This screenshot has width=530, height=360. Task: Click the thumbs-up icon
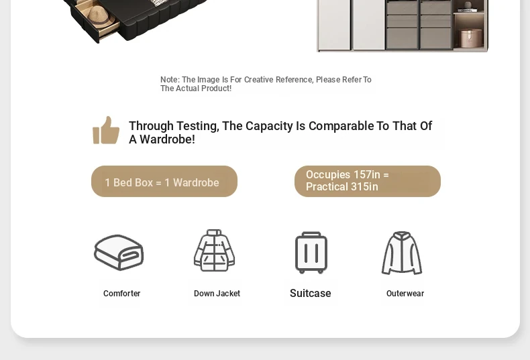click(106, 130)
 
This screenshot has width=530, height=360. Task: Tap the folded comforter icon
click(119, 252)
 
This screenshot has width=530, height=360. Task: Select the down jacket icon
click(214, 250)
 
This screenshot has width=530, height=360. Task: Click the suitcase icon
click(311, 252)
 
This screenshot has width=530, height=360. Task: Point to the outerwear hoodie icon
click(402, 253)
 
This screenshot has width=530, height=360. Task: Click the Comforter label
click(121, 294)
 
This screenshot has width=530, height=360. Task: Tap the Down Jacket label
click(217, 294)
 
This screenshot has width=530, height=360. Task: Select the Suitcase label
click(311, 293)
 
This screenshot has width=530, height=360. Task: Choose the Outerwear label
click(405, 294)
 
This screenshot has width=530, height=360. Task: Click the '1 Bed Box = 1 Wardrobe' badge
click(164, 182)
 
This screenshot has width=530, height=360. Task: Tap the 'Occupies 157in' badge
click(368, 182)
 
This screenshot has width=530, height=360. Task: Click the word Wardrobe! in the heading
click(167, 139)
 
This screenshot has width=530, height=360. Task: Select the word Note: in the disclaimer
click(170, 80)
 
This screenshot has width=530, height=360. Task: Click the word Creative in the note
click(258, 80)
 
